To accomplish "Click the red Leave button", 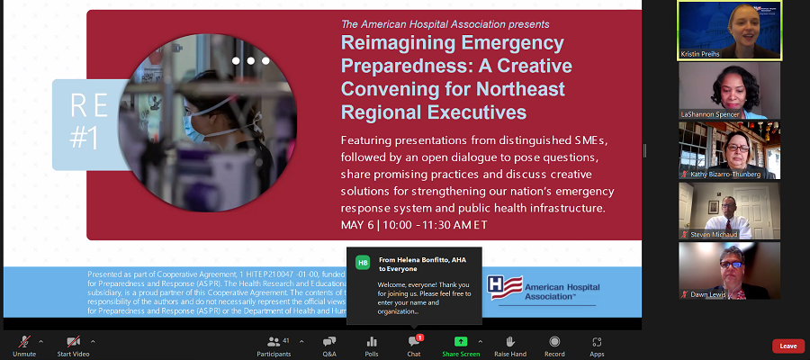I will [x=787, y=346].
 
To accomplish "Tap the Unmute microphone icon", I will [x=24, y=342].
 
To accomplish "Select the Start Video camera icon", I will [x=74, y=342].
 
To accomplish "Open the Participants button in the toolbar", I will [x=273, y=342].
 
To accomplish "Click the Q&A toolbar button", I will [x=329, y=342].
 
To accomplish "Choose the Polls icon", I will [x=372, y=342].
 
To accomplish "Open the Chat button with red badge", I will [x=414, y=342].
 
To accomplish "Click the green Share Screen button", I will [x=461, y=342].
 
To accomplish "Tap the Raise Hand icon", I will [x=509, y=342].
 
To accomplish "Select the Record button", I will [x=554, y=342].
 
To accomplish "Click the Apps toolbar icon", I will [x=597, y=342].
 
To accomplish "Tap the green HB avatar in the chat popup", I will [x=363, y=262].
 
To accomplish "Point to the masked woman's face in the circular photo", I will [x=200, y=123].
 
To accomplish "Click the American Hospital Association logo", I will [x=538, y=288].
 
